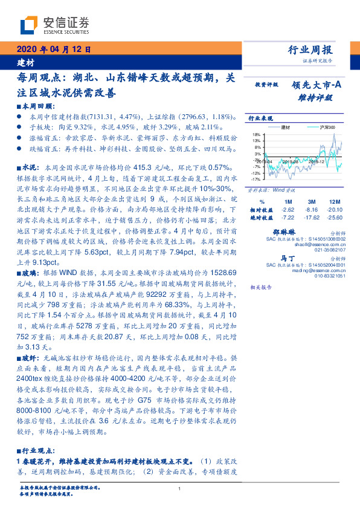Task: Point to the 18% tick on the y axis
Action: click(257, 134)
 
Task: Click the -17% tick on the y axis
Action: click(256, 179)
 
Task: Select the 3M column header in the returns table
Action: click(312, 201)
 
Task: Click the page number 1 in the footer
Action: click(180, 488)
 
